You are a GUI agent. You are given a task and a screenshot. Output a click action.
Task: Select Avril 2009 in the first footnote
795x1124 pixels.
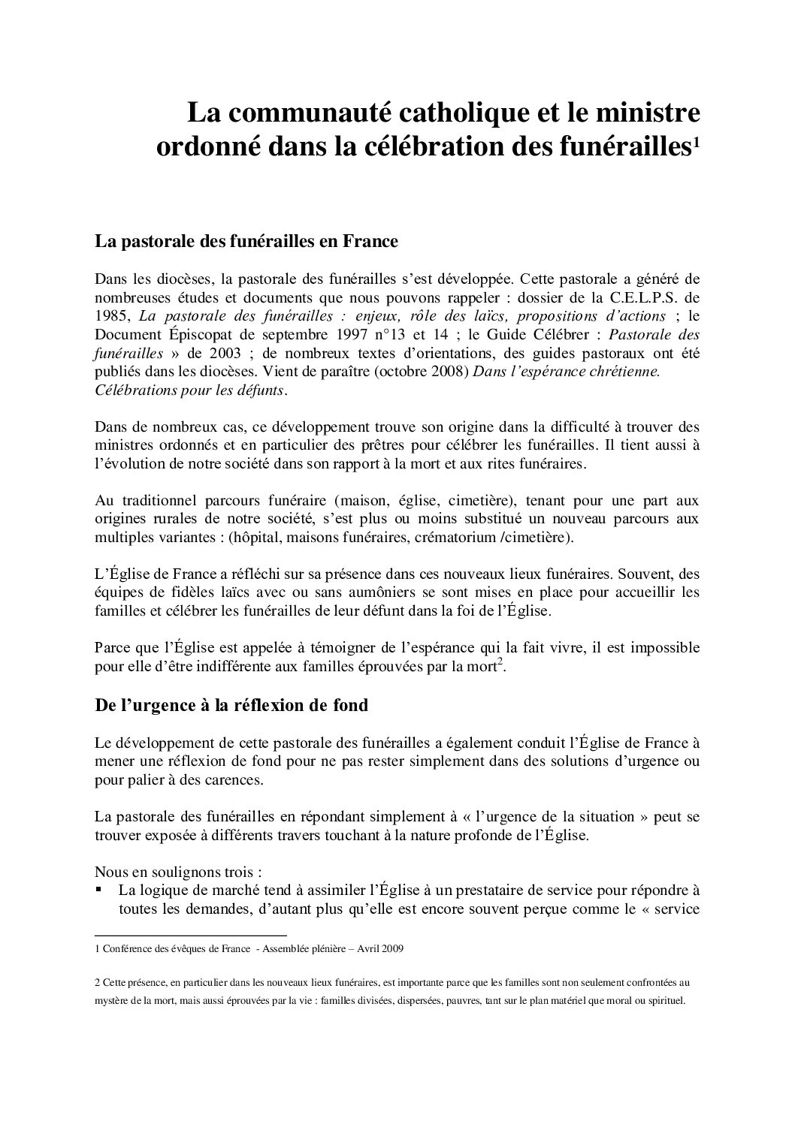point(380,949)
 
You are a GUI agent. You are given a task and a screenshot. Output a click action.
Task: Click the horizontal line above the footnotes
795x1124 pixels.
point(191,936)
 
